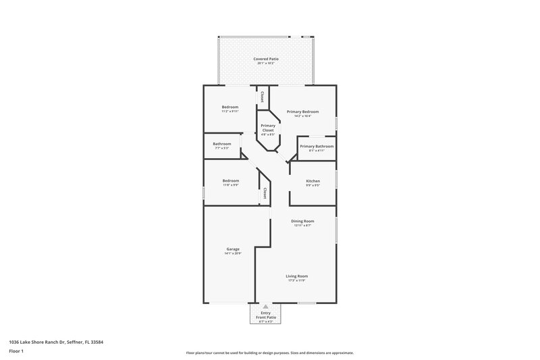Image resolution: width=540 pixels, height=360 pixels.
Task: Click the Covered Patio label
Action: (266, 59)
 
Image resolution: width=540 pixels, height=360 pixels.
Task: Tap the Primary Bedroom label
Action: (302, 111)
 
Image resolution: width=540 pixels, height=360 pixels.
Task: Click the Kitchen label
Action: (313, 181)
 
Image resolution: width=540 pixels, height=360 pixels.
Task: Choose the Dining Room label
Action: (302, 221)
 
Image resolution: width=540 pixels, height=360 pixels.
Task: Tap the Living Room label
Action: (296, 276)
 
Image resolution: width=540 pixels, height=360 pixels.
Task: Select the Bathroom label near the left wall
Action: (222, 143)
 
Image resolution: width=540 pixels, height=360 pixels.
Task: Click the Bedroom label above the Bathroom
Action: (231, 107)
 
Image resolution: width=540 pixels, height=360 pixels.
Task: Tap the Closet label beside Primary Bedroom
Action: (262, 96)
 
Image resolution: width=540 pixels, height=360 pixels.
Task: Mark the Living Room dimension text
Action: (296, 280)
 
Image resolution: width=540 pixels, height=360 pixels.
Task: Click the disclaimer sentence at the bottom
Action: (270, 353)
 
